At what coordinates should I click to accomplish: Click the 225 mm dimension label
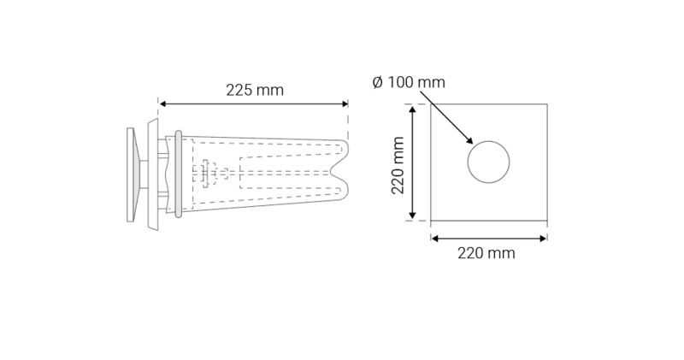tap(255, 90)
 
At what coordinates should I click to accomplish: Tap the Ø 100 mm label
tap(409, 83)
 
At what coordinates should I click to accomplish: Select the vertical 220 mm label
tap(398, 168)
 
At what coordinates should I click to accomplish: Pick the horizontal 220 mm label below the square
tap(487, 253)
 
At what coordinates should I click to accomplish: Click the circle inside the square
tap(488, 161)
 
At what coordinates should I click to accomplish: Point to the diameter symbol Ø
tap(378, 83)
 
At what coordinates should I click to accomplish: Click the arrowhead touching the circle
tap(469, 141)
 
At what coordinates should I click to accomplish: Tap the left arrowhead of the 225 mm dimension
tap(162, 104)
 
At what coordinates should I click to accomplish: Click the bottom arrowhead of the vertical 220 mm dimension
tap(415, 217)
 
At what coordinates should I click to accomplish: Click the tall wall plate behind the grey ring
tap(153, 174)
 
